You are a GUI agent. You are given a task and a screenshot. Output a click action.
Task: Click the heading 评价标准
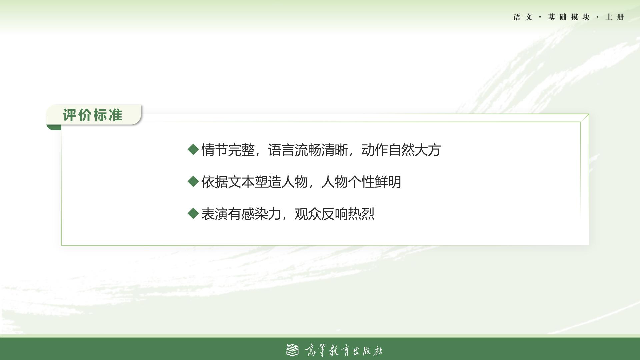point(92,115)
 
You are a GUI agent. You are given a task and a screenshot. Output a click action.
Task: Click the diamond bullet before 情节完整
point(193,149)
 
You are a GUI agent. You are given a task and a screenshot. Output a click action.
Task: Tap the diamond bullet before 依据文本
point(193,181)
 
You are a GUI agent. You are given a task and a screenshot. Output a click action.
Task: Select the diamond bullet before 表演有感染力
point(193,213)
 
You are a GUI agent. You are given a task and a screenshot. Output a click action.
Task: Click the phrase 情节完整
point(228,150)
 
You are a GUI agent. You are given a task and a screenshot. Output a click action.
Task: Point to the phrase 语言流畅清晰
point(308,150)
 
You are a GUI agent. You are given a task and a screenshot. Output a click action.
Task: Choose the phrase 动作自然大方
point(401,150)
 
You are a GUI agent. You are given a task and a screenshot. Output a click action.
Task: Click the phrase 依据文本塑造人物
point(255,182)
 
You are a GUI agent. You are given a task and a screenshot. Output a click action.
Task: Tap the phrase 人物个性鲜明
point(361,182)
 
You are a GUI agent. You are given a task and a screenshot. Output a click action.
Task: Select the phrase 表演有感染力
point(241,214)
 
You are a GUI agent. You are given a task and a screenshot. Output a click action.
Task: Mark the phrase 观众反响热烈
point(335,214)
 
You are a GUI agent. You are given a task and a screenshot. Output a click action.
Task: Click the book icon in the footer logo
point(292,350)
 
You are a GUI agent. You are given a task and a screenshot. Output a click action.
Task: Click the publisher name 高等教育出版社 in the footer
point(344,350)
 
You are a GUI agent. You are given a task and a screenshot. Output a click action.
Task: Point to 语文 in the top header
point(523,17)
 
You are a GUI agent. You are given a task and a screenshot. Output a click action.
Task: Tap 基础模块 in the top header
point(569,17)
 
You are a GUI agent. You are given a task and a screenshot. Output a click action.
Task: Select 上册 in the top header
point(615,17)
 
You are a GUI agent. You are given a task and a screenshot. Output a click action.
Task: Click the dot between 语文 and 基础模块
point(540,17)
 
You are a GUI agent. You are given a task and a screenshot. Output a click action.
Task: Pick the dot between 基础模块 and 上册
point(598,17)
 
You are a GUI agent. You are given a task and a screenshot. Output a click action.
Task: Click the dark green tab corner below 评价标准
point(54,127)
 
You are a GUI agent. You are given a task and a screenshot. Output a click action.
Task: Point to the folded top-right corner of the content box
point(585,118)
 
